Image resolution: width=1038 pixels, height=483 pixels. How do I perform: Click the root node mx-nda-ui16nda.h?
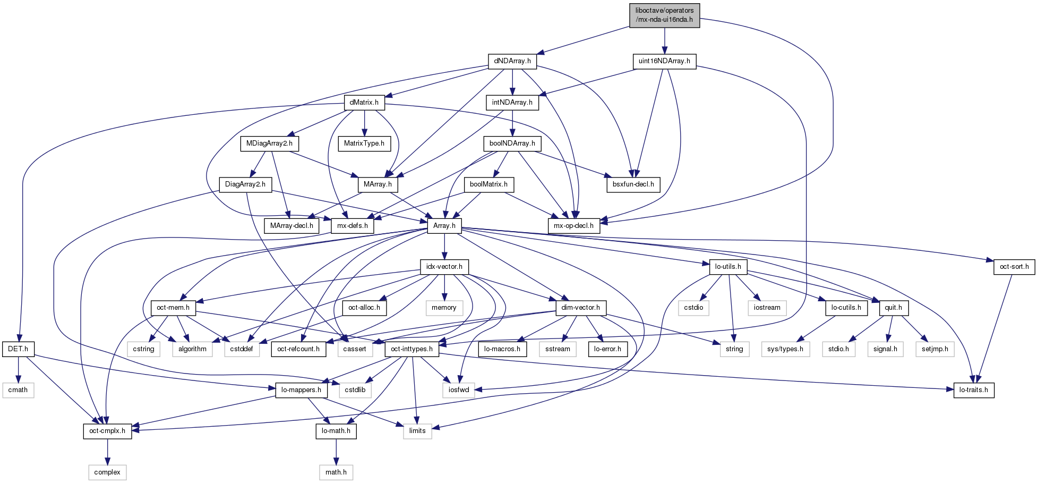tap(664, 15)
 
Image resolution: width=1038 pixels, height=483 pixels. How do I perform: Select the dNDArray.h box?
tap(512, 61)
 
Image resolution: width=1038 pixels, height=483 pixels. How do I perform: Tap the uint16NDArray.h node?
tap(664, 61)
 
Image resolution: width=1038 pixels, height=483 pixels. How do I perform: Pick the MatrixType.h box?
tap(364, 143)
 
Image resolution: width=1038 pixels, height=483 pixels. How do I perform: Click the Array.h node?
tap(444, 226)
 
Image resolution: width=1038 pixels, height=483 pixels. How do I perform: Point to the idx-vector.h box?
tap(444, 267)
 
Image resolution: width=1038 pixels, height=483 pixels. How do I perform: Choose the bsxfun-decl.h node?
tap(633, 184)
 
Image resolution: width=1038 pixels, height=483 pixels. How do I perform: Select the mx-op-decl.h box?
tap(573, 226)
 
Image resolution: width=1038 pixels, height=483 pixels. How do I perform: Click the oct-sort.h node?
tap(1014, 267)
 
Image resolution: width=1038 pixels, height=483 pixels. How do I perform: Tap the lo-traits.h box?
tap(973, 390)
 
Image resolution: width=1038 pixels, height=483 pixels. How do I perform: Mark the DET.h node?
tap(18, 349)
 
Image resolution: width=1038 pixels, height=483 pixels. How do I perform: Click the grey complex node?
tap(107, 472)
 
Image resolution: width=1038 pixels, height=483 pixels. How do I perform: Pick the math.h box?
tap(336, 472)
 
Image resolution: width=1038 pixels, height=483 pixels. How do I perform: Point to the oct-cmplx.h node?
tap(107, 431)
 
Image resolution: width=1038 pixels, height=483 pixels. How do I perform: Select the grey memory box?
tap(444, 308)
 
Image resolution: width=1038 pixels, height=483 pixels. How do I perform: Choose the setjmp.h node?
tap(934, 349)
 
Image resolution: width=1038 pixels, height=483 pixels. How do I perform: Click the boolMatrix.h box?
tap(488, 184)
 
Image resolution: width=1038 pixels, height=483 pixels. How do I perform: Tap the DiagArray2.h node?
tap(245, 184)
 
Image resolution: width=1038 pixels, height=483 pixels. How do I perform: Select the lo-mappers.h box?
tap(301, 390)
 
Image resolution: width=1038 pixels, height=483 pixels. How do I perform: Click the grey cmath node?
tap(18, 390)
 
